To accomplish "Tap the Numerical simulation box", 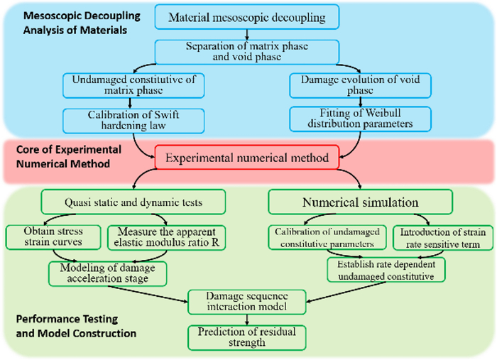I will (x=361, y=202).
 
